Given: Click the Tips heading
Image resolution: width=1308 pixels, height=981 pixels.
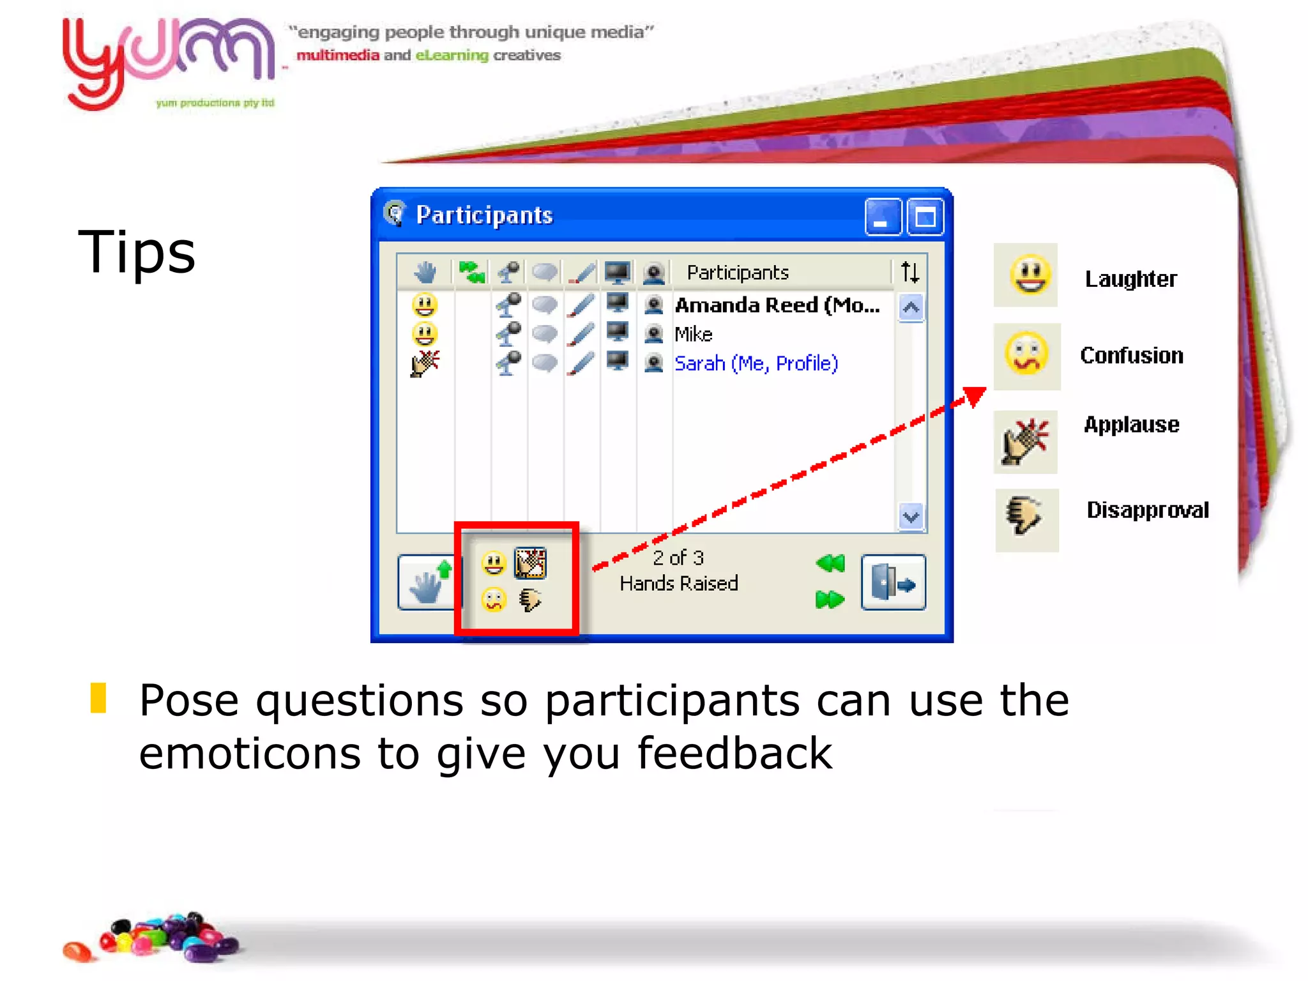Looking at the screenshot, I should pos(137,252).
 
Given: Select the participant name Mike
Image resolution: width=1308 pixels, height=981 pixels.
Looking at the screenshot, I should pos(693,334).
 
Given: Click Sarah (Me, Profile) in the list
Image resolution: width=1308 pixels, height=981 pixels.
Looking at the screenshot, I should pos(756,363).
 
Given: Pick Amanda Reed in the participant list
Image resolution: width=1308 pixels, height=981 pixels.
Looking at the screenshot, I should pos(777,305).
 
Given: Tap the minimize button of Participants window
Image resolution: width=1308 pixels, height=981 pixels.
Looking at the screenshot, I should pos(883,217).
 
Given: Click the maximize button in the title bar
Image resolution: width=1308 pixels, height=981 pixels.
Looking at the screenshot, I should pos(925,217).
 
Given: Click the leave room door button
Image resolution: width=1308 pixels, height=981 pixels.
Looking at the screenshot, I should pos(893,582).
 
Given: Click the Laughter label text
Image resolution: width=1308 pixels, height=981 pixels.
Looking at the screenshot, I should pos(1130,279).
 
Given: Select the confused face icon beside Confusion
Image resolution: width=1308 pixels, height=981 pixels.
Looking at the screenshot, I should pos(1026,356).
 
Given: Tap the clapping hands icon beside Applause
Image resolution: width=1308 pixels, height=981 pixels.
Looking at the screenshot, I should pos(1026,441).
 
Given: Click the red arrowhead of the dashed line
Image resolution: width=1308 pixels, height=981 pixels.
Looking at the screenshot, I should pos(974,396).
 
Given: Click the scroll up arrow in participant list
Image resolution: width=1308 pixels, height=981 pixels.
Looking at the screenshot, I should pos(911,308).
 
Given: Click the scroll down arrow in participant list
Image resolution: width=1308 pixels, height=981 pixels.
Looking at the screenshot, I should pos(911,516).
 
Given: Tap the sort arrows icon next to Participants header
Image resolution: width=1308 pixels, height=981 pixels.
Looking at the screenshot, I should pos(909,273).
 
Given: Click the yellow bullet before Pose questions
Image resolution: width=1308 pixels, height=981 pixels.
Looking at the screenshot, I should pos(98,698).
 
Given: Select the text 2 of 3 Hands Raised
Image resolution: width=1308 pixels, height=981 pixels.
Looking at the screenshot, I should pos(678,570).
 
